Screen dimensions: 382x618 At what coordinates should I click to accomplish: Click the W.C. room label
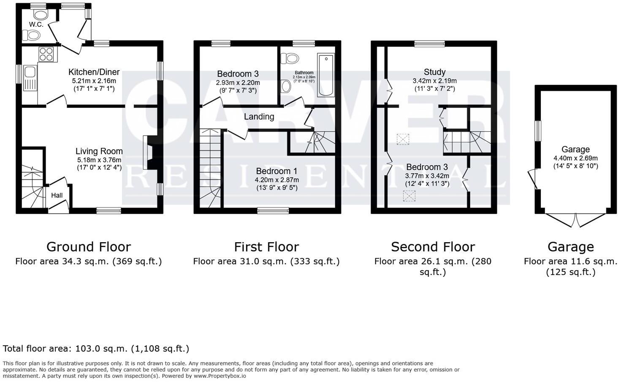pyautogui.click(x=36, y=25)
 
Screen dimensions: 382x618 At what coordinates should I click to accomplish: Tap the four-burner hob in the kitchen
pyautogui.click(x=47, y=54)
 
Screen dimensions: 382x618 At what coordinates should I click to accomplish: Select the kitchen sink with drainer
pyautogui.click(x=30, y=78)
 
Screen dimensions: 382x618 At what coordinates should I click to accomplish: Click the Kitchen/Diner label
pyautogui.click(x=94, y=72)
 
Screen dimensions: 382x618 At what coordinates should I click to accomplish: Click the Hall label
pyautogui.click(x=57, y=195)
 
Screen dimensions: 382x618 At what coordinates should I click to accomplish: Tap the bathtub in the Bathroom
pyautogui.click(x=326, y=75)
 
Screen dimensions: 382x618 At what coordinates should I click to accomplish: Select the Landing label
pyautogui.click(x=259, y=117)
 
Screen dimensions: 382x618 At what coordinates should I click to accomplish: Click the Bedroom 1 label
pyautogui.click(x=276, y=171)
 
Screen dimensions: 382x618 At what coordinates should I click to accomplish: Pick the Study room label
pyautogui.click(x=434, y=72)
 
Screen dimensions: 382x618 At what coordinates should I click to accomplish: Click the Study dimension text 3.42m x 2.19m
pyautogui.click(x=434, y=81)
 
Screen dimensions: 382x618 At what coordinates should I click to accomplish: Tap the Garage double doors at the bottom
pyautogui.click(x=576, y=220)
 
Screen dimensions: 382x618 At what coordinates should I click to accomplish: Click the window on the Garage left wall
pyautogui.click(x=538, y=131)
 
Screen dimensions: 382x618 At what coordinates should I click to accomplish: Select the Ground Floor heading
pyautogui.click(x=89, y=247)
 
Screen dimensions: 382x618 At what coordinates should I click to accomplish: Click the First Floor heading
pyautogui.click(x=266, y=247)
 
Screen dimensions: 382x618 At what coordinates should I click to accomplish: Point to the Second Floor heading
pyautogui.click(x=433, y=247)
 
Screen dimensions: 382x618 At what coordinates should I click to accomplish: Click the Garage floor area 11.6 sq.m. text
pyautogui.click(x=570, y=262)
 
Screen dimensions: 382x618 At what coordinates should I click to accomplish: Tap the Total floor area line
pyautogui.click(x=96, y=349)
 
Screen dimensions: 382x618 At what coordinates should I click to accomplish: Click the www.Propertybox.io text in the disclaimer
pyautogui.click(x=220, y=376)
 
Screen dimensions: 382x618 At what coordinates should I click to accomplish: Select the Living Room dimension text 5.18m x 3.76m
pyautogui.click(x=99, y=160)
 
